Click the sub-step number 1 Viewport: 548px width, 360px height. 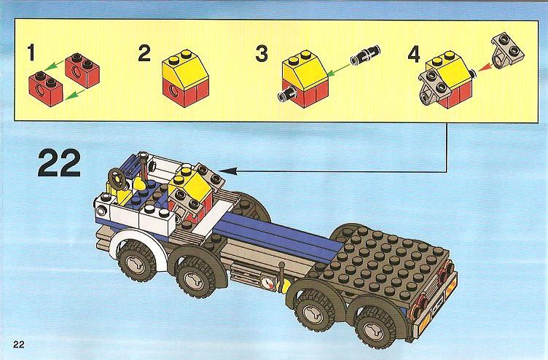click(32, 52)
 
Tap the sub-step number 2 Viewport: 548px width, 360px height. click(144, 53)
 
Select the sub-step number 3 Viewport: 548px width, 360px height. click(262, 54)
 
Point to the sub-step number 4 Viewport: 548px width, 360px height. click(413, 55)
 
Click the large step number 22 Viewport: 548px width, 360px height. click(60, 163)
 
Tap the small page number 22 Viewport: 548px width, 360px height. click(19, 344)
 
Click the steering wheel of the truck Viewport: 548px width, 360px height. click(117, 179)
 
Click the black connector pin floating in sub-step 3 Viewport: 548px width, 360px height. click(365, 55)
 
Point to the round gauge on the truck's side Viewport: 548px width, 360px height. click(267, 283)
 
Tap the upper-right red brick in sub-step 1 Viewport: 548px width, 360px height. click(82, 69)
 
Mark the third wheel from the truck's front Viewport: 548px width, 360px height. click(313, 310)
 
